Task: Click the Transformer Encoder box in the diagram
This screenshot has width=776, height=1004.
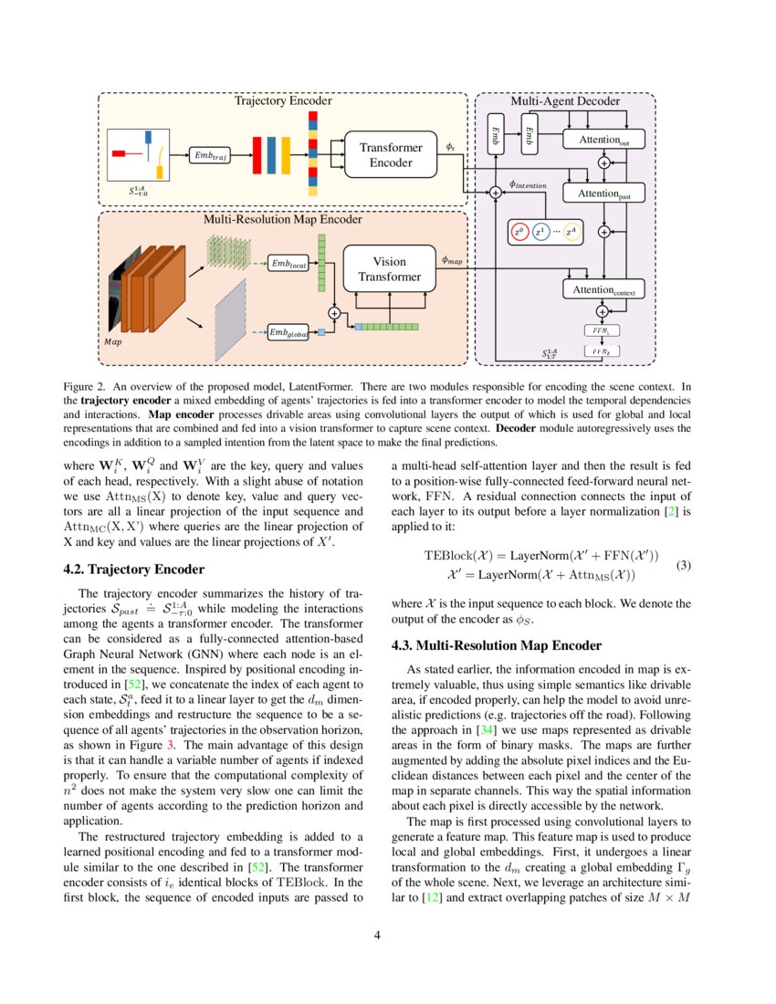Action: click(x=391, y=155)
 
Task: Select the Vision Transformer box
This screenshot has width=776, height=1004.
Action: click(x=390, y=269)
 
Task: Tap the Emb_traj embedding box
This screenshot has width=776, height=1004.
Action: click(x=212, y=156)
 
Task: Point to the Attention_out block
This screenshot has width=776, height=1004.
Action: click(x=603, y=140)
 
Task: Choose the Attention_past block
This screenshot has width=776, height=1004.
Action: click(x=603, y=193)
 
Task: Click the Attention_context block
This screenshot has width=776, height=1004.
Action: click(x=603, y=289)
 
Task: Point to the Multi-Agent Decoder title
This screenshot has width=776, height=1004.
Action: click(x=564, y=101)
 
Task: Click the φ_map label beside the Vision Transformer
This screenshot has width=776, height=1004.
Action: click(x=452, y=260)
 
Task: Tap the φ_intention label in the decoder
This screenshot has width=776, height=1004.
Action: click(x=528, y=184)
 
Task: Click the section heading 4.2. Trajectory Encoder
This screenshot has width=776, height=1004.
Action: click(x=133, y=570)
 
